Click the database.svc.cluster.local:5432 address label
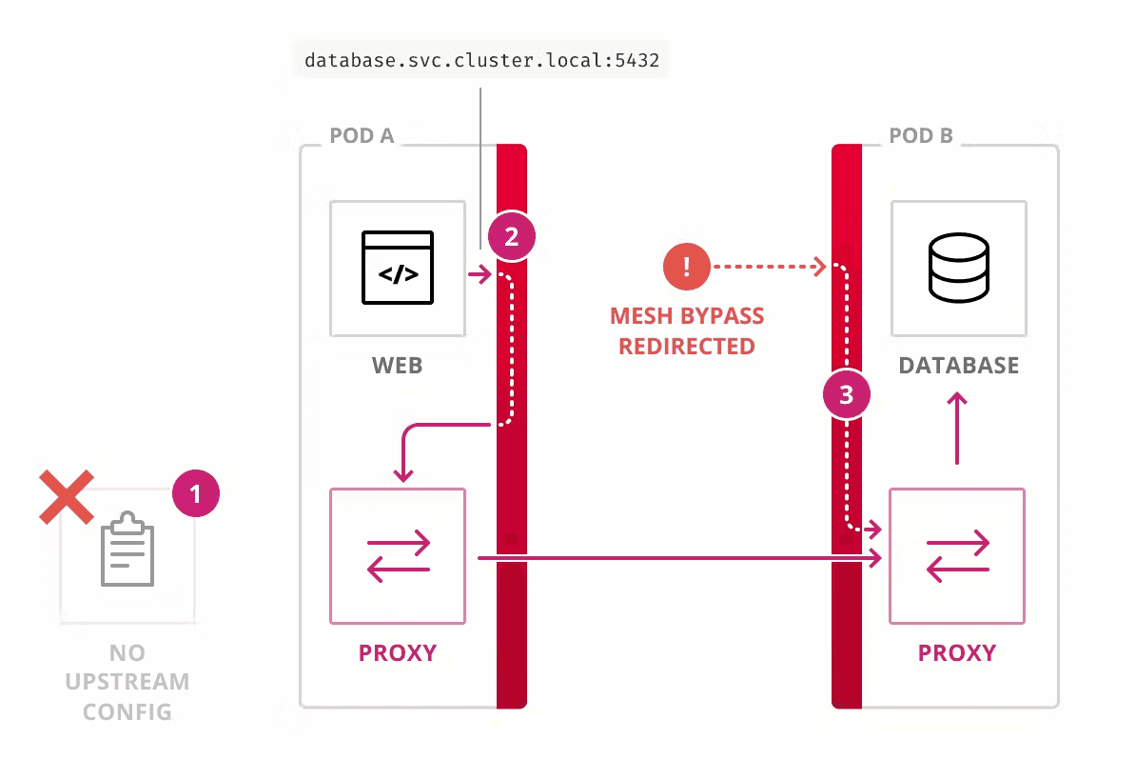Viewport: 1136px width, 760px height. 481,61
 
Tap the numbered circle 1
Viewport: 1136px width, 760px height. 196,494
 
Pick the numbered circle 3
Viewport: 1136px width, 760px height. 847,392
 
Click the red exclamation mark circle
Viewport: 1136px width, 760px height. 686,267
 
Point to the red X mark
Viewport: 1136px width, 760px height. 66,497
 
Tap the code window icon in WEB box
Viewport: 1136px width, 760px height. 397,268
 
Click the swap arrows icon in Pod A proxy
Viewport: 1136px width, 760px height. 398,557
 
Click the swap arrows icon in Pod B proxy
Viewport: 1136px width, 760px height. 957,557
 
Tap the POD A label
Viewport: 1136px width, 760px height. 362,136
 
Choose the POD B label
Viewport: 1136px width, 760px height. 920,136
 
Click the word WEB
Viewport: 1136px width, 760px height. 398,366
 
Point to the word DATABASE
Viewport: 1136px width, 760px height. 958,366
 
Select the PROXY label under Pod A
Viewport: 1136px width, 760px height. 398,653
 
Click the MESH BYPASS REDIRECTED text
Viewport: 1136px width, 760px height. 686,330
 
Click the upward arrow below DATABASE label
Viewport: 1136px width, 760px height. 957,431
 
